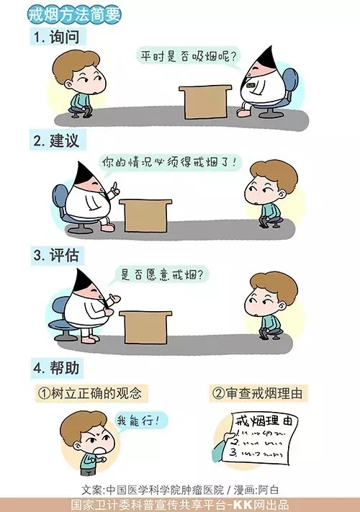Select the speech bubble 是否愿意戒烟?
(162, 274)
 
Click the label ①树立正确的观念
(92, 394)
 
